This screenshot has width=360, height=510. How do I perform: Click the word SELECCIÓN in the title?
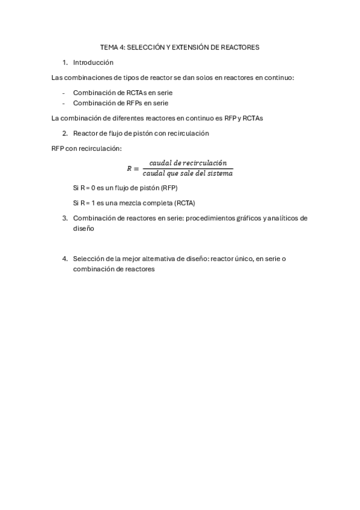(144, 46)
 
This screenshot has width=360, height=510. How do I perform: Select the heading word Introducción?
(93, 62)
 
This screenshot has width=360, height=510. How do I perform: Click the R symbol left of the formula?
(129, 168)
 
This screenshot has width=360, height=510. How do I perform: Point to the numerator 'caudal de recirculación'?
(188, 163)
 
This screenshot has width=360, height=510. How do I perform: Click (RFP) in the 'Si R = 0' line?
(165, 188)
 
